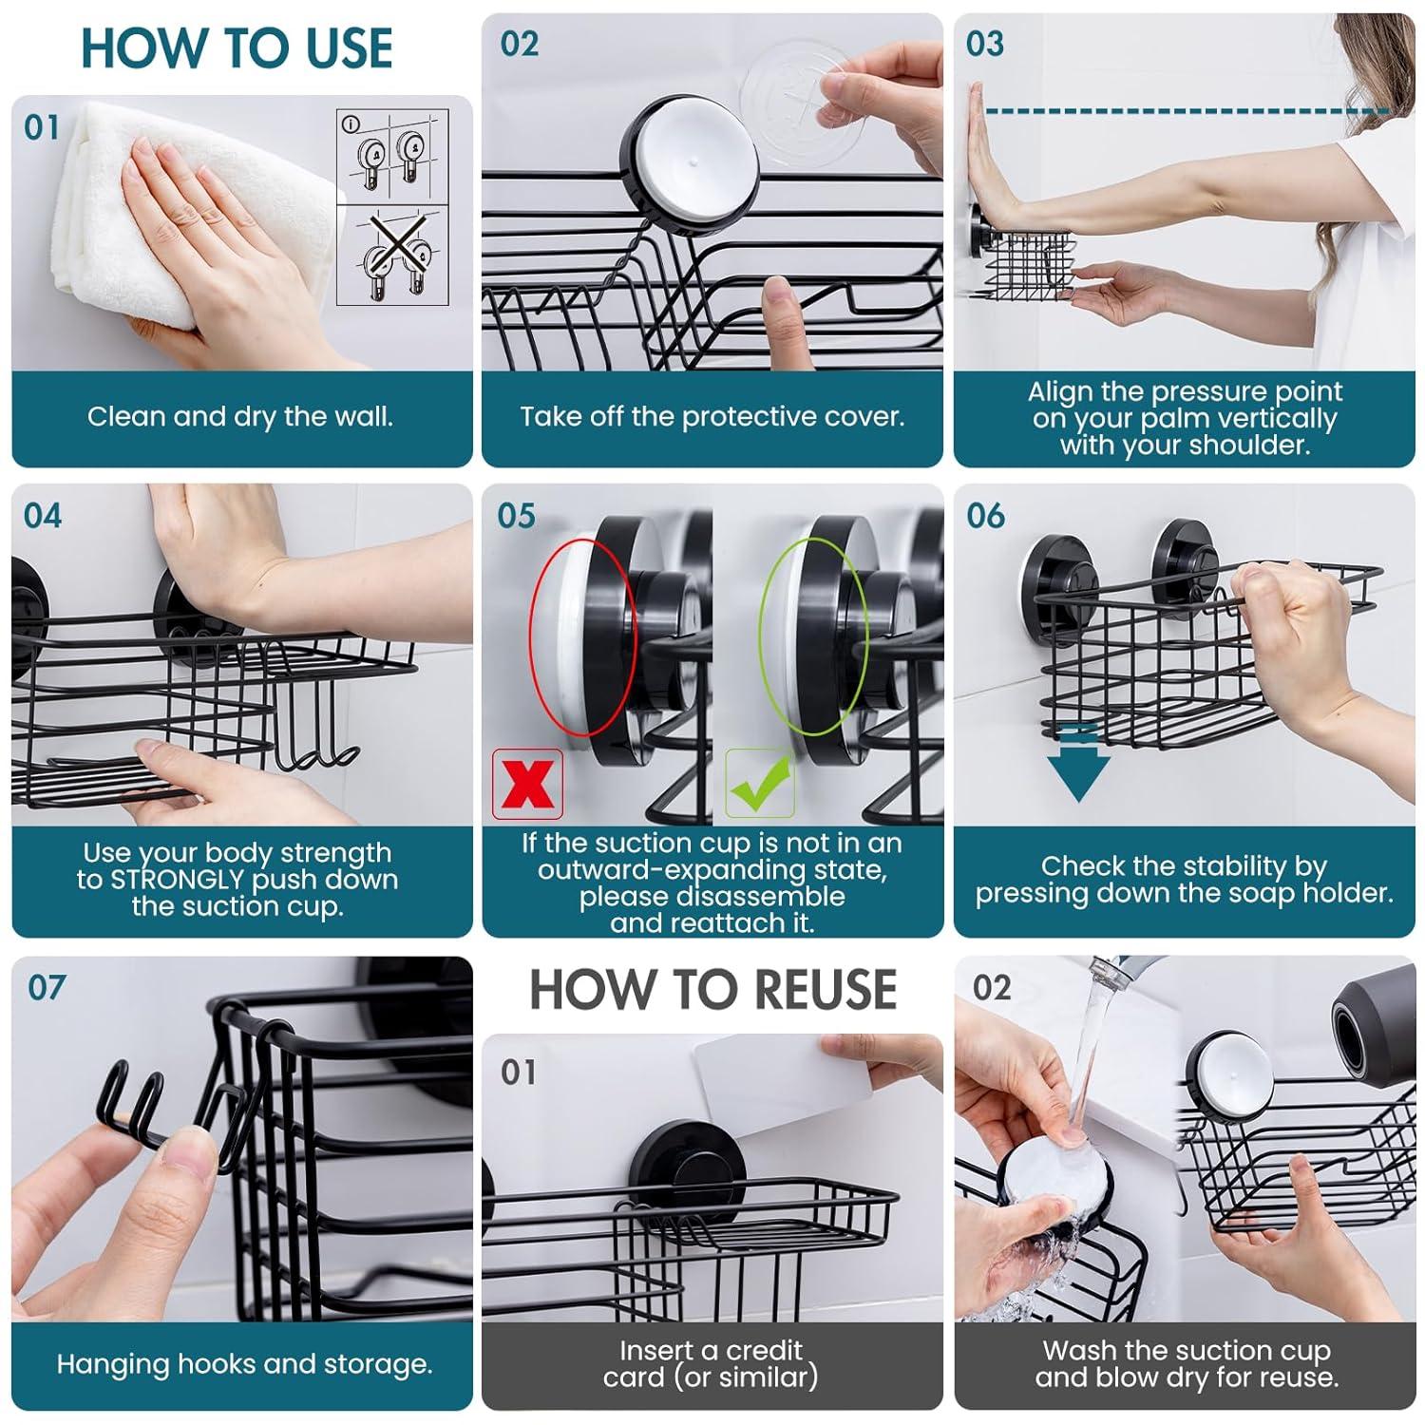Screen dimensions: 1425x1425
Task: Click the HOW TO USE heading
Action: pos(237,48)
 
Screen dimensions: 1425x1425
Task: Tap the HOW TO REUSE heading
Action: pos(712,990)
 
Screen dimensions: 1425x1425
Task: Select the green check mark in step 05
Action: pos(760,784)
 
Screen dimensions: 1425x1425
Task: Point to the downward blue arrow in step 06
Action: pos(1077,765)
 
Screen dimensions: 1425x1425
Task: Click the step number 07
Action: pos(47,988)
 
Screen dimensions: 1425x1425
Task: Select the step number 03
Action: pos(984,44)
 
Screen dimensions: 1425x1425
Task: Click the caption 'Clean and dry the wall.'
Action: pos(240,417)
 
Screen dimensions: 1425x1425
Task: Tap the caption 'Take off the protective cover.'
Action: pos(712,417)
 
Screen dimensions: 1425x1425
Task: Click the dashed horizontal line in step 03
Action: pos(1187,112)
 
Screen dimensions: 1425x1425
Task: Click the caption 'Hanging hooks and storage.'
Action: pos(244,1365)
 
